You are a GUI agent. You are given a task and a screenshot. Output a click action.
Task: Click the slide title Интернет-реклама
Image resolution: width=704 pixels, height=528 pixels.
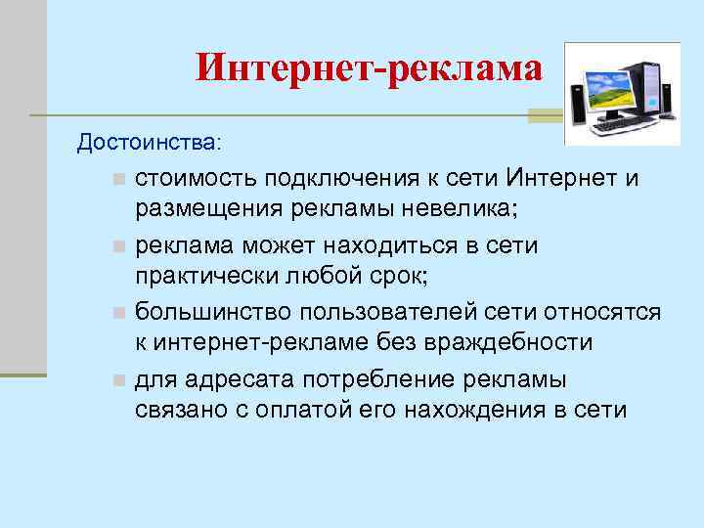(368, 68)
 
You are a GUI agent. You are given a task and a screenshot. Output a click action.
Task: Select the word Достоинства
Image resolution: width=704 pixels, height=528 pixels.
(148, 144)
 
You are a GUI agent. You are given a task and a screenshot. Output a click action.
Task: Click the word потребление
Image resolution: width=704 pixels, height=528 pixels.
(356, 379)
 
